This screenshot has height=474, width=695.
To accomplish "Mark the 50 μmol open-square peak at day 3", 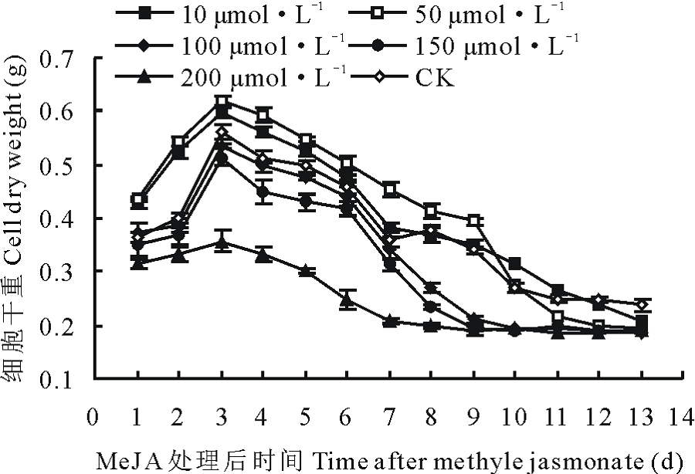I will pos(222,102).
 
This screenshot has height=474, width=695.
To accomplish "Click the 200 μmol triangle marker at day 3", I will pos(222,244).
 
